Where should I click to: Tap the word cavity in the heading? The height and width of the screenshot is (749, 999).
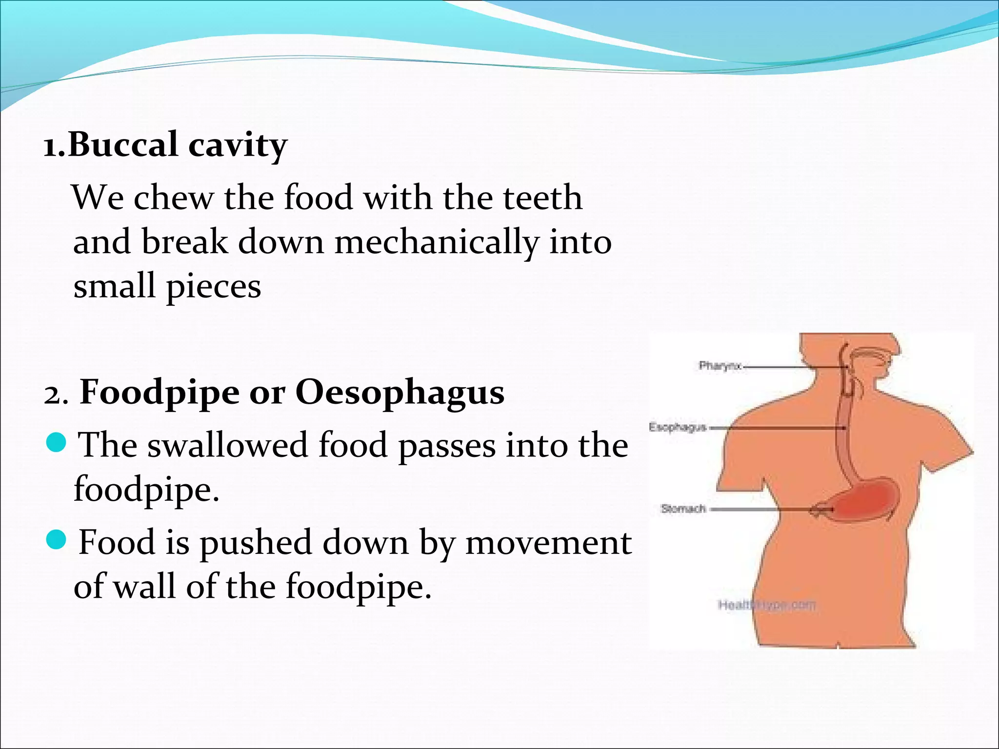238,146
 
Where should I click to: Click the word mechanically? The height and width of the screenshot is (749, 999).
437,242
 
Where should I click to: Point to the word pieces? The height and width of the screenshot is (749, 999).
213,287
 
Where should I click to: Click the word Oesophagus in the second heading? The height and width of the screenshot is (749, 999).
400,393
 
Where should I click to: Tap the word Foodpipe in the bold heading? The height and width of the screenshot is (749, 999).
159,393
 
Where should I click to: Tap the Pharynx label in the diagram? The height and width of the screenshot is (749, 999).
720,366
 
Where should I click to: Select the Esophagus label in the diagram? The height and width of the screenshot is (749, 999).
678,427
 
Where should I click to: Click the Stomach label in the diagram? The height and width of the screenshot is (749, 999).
683,509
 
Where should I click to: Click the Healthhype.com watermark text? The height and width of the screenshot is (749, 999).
766,605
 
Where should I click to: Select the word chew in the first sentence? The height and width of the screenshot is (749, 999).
174,197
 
